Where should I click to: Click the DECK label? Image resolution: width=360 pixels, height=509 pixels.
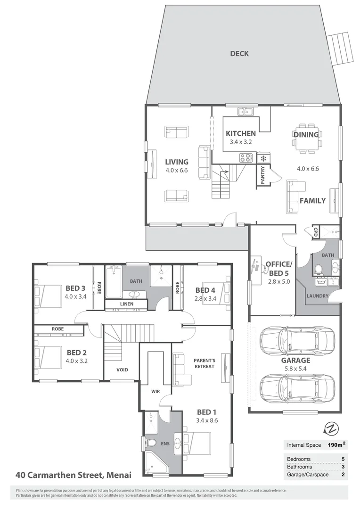tap(239, 53)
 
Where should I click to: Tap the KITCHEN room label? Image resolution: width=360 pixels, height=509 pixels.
tap(240, 134)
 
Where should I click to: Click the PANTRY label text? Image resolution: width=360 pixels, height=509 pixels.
tap(262, 175)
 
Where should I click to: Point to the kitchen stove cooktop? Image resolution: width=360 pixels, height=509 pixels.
tap(245, 158)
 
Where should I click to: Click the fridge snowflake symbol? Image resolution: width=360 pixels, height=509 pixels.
tap(263, 158)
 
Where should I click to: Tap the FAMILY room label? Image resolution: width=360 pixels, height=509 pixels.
tap(313, 201)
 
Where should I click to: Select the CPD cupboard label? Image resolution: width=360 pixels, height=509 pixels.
tap(315, 231)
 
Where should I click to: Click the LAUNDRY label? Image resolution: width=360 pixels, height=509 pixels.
tap(317, 296)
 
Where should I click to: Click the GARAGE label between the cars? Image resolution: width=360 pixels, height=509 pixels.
tap(296, 361)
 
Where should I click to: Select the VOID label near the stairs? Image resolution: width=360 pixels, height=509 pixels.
tap(122, 370)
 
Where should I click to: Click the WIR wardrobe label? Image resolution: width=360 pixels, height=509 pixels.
tap(156, 391)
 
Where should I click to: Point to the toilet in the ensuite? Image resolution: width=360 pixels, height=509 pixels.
tap(151, 443)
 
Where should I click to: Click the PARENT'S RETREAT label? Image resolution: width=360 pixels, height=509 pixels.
tap(204, 363)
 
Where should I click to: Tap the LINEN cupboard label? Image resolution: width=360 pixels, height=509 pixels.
tap(126, 304)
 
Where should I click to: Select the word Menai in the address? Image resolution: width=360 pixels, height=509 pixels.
tap(118, 475)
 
